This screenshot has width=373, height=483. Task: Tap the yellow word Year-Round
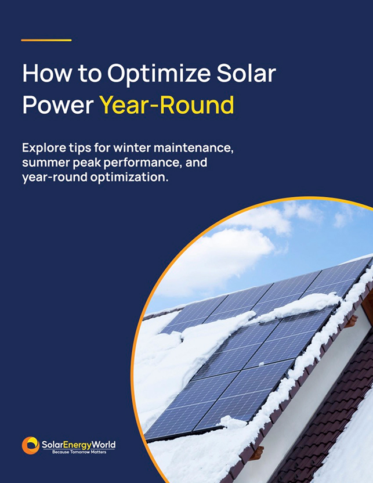pos(166,104)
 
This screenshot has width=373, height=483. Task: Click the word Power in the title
pos(58,105)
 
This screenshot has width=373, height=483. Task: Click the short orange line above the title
pos(46,40)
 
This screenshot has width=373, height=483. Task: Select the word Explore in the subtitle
pos(44,148)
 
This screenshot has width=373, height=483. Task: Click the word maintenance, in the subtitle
pos(194,148)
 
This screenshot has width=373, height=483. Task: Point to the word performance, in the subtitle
pos(142,163)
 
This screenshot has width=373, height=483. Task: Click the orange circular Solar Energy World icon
pos(31,445)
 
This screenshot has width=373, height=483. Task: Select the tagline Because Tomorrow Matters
pos(79,452)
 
